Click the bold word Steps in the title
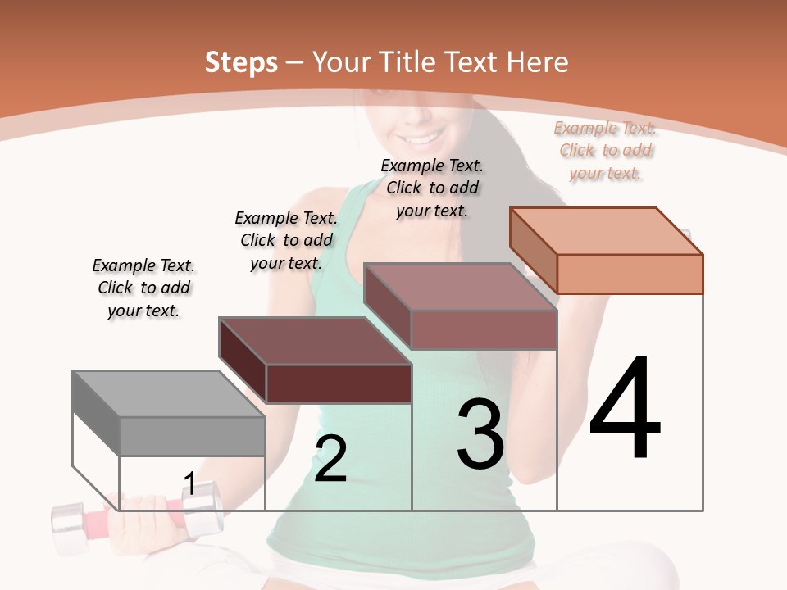click(241, 62)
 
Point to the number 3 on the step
click(480, 434)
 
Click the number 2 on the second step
click(330, 459)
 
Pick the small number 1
click(189, 484)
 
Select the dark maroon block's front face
click(339, 383)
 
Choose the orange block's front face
click(630, 274)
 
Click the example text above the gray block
click(143, 288)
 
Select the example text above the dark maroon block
click(286, 240)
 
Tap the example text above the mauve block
click(432, 188)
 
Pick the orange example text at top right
click(606, 150)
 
